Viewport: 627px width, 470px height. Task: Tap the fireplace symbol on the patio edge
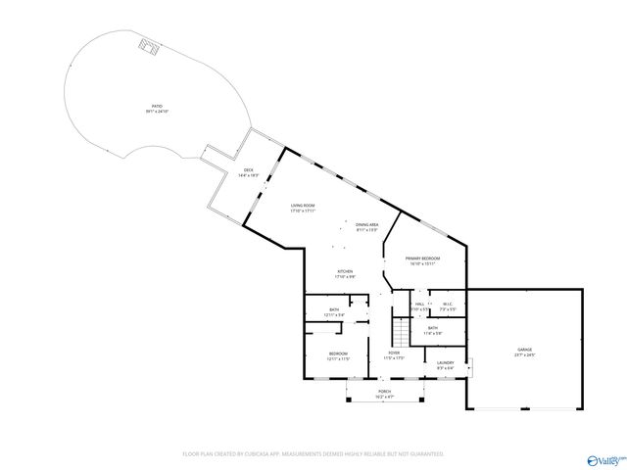click(x=148, y=46)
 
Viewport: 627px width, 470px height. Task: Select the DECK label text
click(x=249, y=172)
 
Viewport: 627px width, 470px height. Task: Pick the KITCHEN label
click(x=319, y=273)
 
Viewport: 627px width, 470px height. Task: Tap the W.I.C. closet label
click(x=447, y=304)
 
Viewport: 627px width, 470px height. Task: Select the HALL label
click(x=419, y=305)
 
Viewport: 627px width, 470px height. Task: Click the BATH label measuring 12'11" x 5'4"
click(x=335, y=311)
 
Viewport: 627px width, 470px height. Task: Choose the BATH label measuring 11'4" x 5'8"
click(x=432, y=330)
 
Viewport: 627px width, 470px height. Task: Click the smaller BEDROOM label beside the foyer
click(x=338, y=355)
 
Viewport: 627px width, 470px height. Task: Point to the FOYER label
click(x=394, y=354)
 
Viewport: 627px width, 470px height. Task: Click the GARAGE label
click(x=525, y=351)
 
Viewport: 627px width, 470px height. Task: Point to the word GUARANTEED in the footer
click(x=423, y=454)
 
